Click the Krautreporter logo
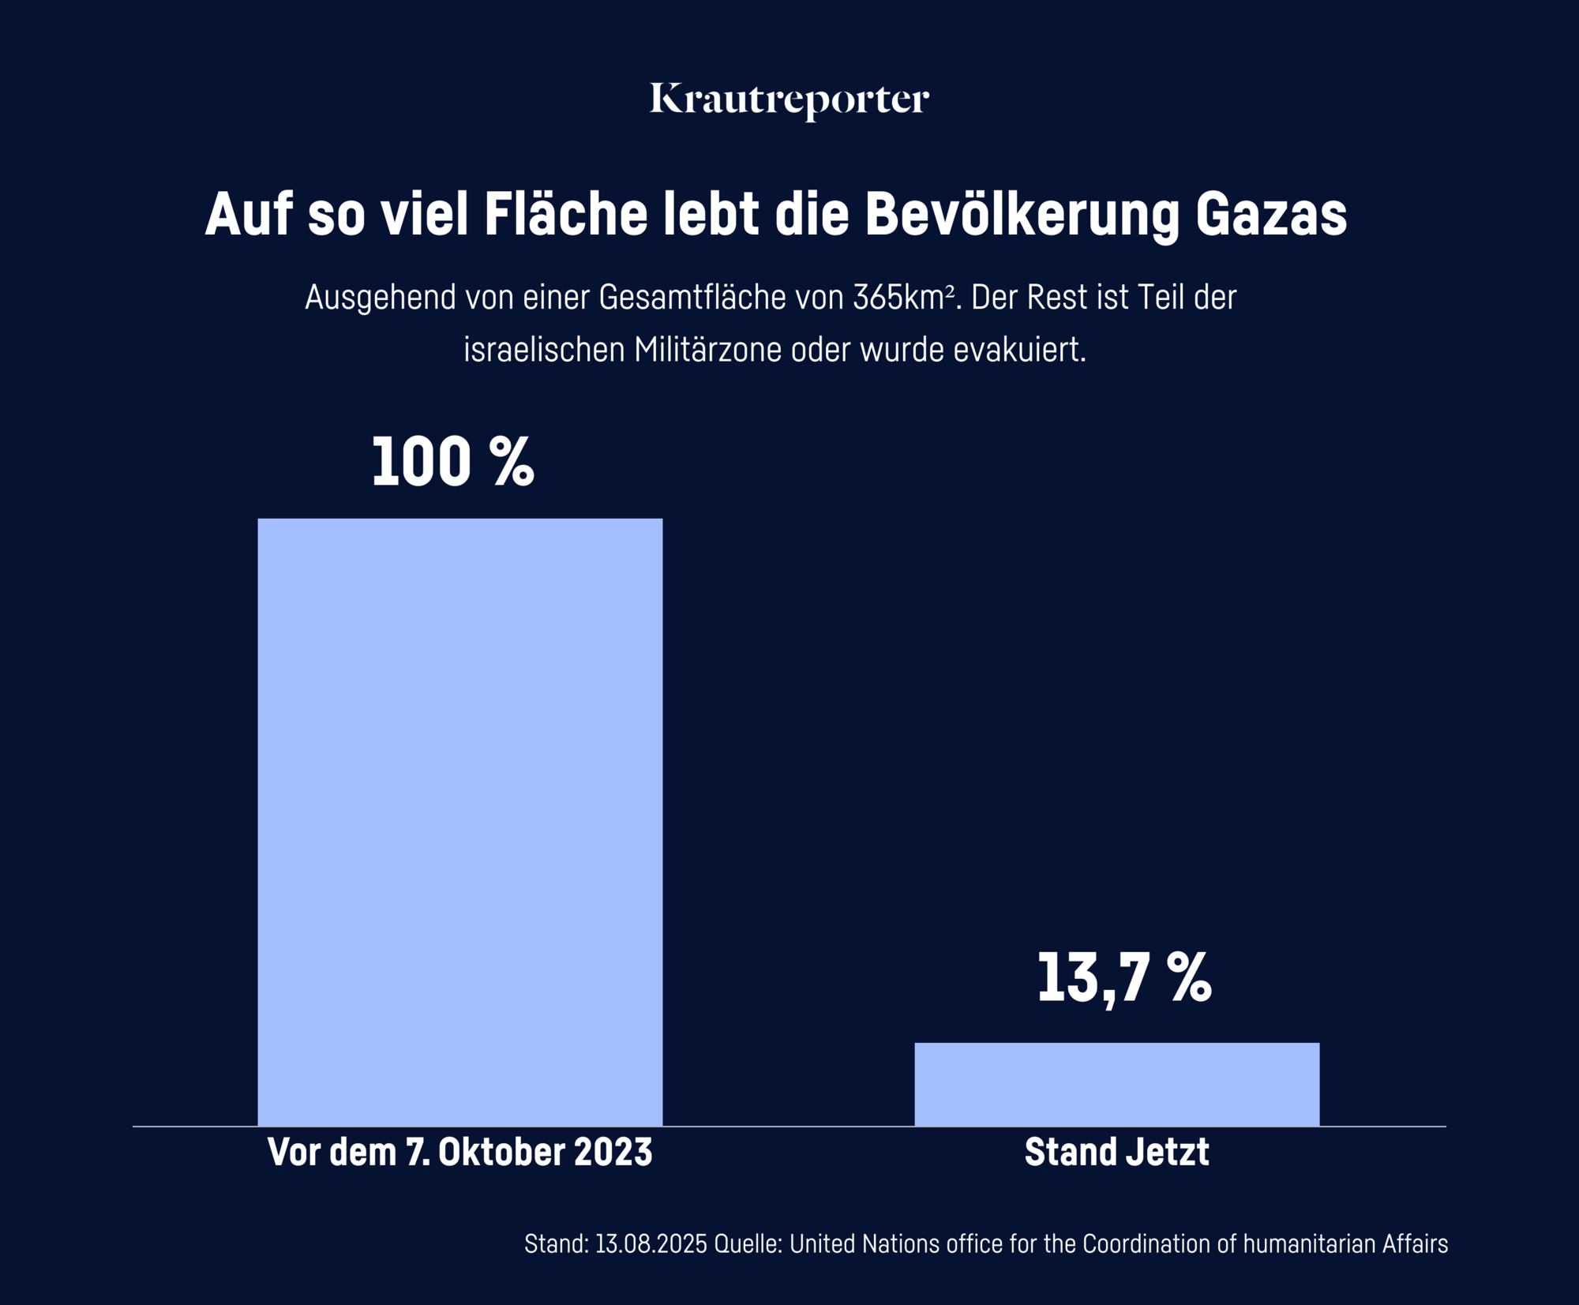[789, 100]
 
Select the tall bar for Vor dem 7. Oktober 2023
[459, 821]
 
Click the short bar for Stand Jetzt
[1116, 1083]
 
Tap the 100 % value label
[452, 462]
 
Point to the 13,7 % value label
[1123, 977]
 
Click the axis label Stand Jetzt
[1116, 1152]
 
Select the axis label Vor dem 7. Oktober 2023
[459, 1152]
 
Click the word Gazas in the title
[1270, 214]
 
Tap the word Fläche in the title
[565, 214]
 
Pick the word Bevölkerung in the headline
[1022, 214]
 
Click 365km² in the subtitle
[903, 298]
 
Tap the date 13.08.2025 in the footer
[651, 1244]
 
